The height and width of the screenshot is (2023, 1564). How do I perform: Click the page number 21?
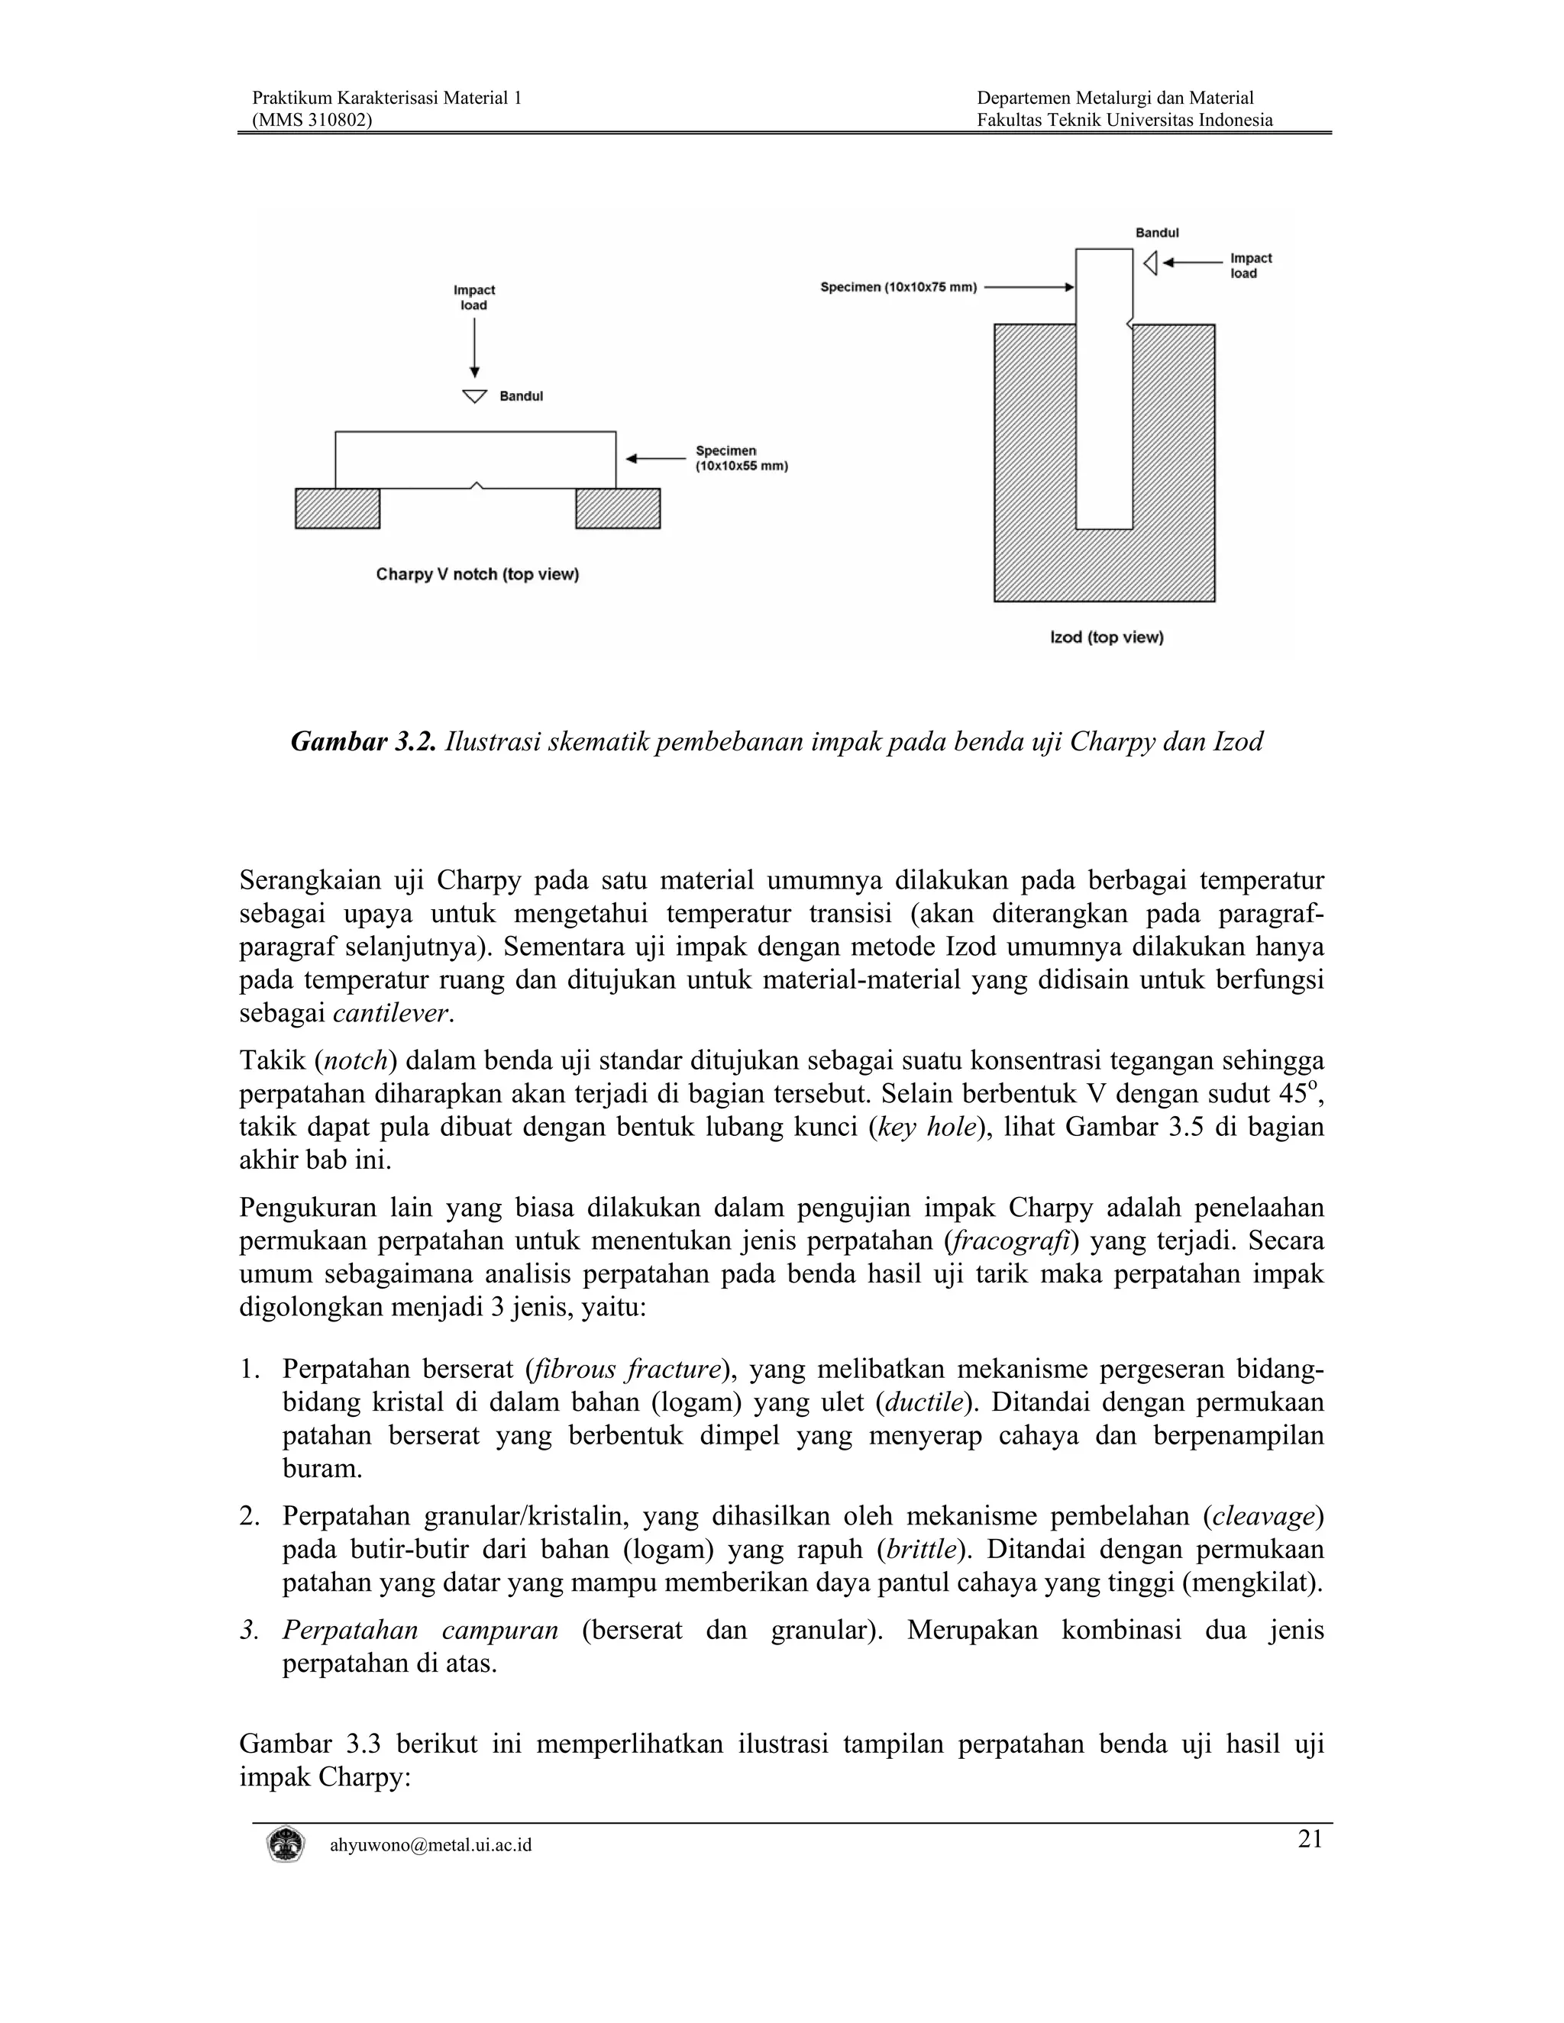point(1309,1839)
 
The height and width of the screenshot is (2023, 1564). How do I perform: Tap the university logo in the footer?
point(284,1844)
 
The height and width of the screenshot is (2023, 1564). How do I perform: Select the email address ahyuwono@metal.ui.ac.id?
point(431,1845)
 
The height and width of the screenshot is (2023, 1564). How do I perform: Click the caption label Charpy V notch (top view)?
point(477,574)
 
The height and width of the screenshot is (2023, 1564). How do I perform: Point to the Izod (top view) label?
point(1107,637)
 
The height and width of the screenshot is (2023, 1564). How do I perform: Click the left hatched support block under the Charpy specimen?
point(338,508)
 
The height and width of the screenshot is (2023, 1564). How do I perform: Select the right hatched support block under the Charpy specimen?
point(618,508)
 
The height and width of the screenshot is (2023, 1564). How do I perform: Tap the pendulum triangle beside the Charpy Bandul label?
point(474,396)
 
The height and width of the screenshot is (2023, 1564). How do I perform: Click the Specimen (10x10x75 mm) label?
point(899,287)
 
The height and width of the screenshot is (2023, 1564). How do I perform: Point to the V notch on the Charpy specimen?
point(475,485)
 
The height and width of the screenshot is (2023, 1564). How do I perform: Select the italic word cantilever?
point(392,1013)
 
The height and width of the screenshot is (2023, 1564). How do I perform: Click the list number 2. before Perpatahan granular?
point(248,1516)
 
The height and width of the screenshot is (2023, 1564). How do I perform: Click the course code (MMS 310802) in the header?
point(312,120)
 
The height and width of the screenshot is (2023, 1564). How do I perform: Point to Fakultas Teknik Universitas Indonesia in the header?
point(1124,120)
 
